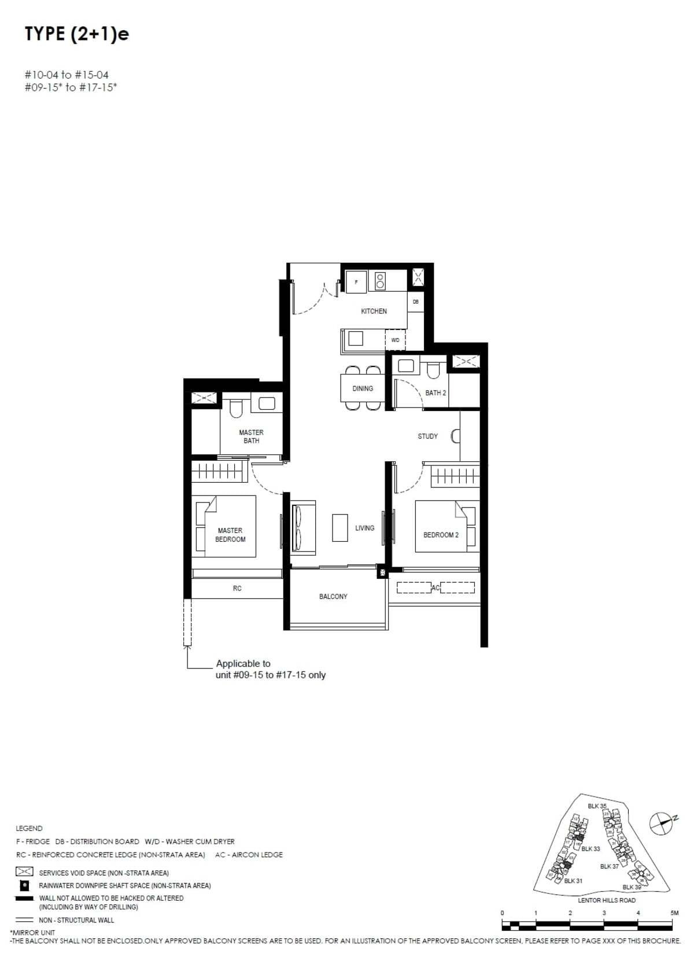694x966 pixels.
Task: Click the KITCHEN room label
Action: pyautogui.click(x=374, y=311)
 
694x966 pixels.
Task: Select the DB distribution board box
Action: pyautogui.click(x=415, y=302)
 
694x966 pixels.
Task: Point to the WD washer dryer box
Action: pyautogui.click(x=396, y=340)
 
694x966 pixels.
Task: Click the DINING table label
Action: pyautogui.click(x=363, y=389)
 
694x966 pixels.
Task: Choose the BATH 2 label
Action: pyautogui.click(x=435, y=393)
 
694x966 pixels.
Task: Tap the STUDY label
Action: pyautogui.click(x=428, y=436)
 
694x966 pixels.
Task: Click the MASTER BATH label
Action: pyautogui.click(x=251, y=436)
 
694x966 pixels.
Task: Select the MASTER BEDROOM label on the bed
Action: pyautogui.click(x=230, y=535)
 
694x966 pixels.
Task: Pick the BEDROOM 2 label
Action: pyautogui.click(x=441, y=535)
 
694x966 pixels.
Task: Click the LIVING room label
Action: pyautogui.click(x=364, y=528)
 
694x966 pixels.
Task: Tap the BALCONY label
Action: pyautogui.click(x=333, y=597)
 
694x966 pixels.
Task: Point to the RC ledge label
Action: pyautogui.click(x=237, y=589)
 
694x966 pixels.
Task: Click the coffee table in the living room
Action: pyautogui.click(x=339, y=527)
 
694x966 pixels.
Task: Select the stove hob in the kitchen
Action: pyautogui.click(x=380, y=281)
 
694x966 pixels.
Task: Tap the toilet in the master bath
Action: pyautogui.click(x=235, y=409)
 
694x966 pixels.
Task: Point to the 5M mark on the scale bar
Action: pyautogui.click(x=674, y=913)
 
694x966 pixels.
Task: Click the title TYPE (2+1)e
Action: pyautogui.click(x=77, y=35)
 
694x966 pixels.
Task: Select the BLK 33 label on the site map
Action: pyautogui.click(x=590, y=849)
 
